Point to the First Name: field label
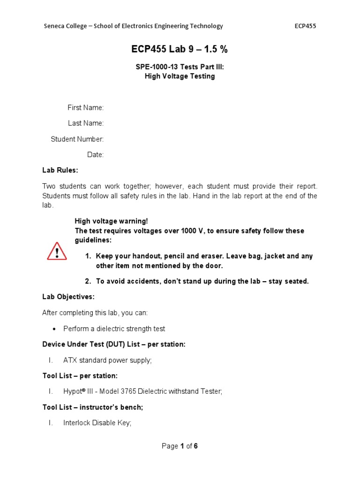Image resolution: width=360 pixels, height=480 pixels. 85,108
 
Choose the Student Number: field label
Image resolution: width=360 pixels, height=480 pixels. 77,139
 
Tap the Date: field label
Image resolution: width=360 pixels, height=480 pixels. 95,155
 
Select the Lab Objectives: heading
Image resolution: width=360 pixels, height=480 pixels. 68,297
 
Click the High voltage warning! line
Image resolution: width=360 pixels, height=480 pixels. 111,221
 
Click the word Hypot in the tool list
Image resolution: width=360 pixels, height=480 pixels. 72,391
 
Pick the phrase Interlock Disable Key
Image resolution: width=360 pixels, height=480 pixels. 97,423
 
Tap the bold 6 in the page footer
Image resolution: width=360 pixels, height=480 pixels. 195,446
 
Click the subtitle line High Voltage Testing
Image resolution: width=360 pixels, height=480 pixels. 180,76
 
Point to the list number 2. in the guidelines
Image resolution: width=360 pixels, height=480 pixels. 88,281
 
